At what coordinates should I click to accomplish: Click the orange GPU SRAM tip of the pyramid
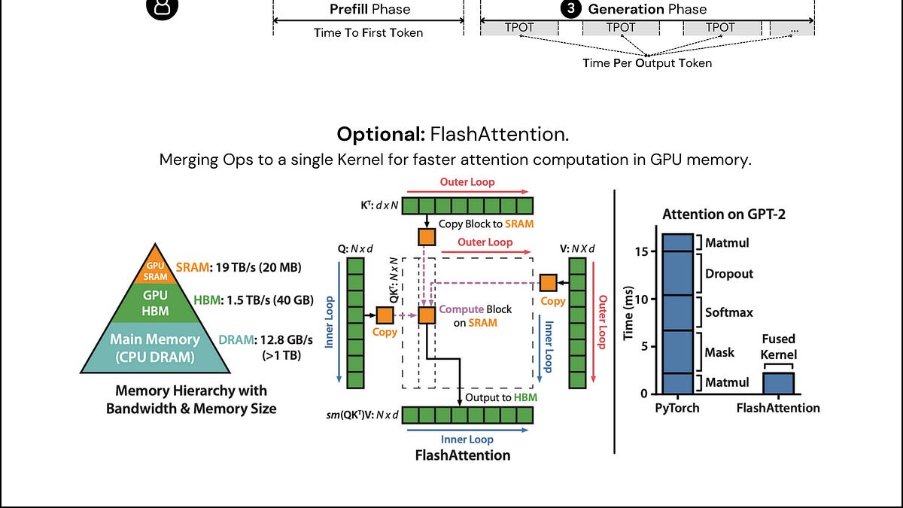click(x=155, y=268)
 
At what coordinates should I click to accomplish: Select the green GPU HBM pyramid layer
click(x=155, y=303)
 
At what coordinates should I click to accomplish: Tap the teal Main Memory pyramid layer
click(x=155, y=348)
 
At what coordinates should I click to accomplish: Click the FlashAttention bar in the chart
click(x=778, y=383)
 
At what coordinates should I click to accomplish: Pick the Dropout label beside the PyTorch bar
click(x=729, y=274)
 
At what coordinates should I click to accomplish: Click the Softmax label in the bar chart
click(x=729, y=312)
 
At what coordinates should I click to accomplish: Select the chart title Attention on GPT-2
click(x=724, y=214)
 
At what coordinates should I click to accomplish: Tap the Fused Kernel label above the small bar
click(x=778, y=347)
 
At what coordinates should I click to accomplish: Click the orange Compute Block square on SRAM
click(x=427, y=315)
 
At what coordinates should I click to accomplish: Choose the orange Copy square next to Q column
click(x=385, y=315)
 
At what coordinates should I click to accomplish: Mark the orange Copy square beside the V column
click(x=549, y=283)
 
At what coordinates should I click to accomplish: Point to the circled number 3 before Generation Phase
click(x=571, y=8)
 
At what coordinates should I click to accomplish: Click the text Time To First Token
click(x=369, y=32)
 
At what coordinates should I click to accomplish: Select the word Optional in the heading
click(x=381, y=134)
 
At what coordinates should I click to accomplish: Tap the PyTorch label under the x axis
click(x=677, y=408)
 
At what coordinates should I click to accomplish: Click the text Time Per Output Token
click(x=647, y=63)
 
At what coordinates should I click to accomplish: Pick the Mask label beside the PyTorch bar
click(x=719, y=352)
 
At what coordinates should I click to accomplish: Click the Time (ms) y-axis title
click(x=628, y=313)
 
